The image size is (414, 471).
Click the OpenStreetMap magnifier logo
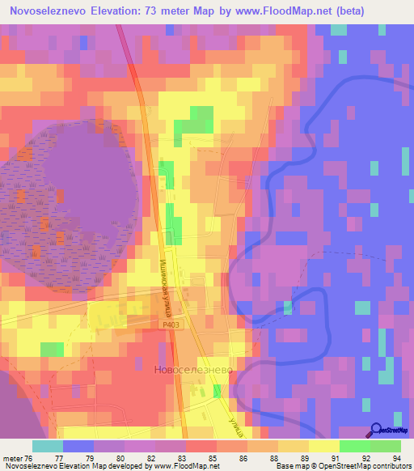tap(377, 430)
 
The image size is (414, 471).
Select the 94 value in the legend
tap(396, 458)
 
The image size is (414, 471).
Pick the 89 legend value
tap(294, 458)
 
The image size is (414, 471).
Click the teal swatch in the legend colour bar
tap(48, 446)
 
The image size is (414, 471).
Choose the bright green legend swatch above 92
tap(355, 446)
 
